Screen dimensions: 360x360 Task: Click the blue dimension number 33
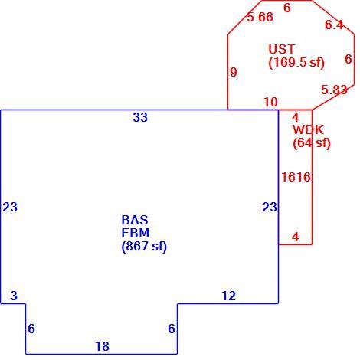[140, 117]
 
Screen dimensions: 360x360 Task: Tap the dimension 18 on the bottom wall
[103, 346]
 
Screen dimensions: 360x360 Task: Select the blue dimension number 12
[229, 296]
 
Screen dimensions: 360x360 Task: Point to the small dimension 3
[14, 296]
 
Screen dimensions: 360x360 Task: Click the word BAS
[135, 220]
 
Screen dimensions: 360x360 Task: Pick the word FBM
[136, 233]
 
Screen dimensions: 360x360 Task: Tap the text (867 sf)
[144, 247]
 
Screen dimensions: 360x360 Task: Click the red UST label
[282, 49]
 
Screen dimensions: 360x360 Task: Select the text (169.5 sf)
[296, 62]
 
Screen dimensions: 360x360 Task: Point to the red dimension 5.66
[260, 17]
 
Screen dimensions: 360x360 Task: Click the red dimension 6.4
[334, 25]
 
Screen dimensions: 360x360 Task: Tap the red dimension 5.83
[334, 90]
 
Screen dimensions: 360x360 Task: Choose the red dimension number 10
[270, 102]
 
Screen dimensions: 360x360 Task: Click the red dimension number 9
[234, 72]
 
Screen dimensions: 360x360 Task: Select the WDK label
[308, 129]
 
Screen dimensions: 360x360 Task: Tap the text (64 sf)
[312, 143]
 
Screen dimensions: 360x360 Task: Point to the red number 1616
[296, 177]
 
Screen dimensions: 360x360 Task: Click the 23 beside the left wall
[10, 207]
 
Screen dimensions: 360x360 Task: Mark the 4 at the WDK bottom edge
[296, 237]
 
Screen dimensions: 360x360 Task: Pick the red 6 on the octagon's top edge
[287, 8]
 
